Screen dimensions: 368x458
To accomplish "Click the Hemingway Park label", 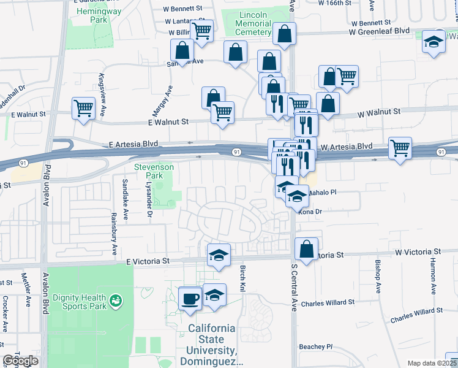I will click(x=89, y=15).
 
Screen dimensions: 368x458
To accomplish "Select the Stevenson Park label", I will click(x=154, y=171).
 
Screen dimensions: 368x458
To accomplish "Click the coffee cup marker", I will click(x=190, y=299).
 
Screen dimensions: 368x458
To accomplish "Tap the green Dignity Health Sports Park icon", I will click(x=115, y=301).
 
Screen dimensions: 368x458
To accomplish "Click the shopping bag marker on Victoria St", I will click(x=307, y=250).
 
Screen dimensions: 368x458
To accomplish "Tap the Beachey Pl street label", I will click(x=316, y=347).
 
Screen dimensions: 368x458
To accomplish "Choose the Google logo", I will click(x=20, y=361).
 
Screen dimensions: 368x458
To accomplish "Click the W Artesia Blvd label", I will click(x=347, y=147).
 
